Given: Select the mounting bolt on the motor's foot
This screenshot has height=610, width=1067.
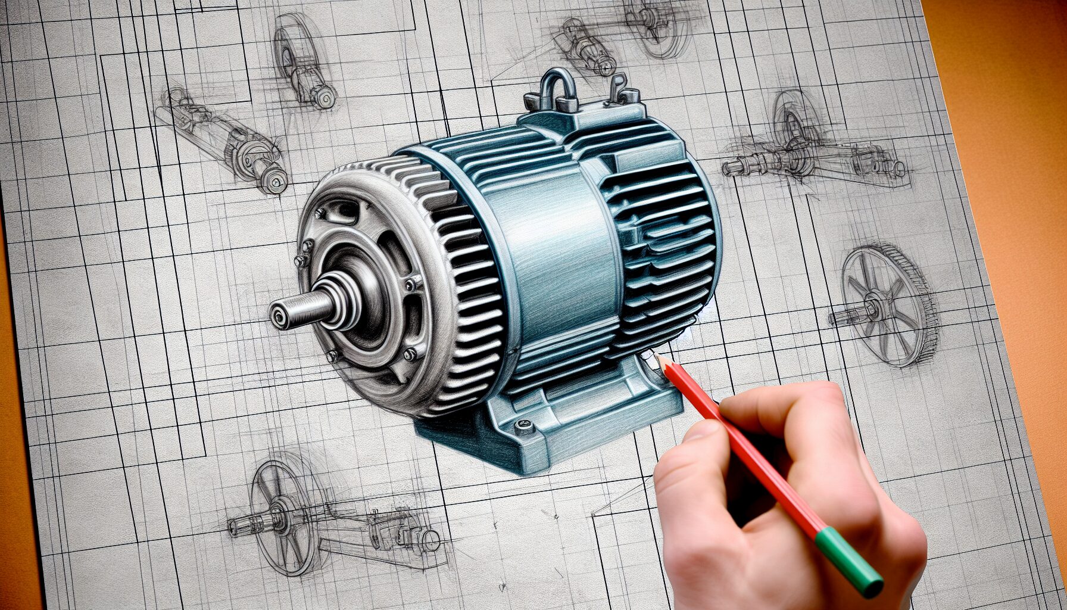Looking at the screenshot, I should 524,425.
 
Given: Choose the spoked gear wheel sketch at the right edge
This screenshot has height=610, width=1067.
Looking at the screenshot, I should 887,304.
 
